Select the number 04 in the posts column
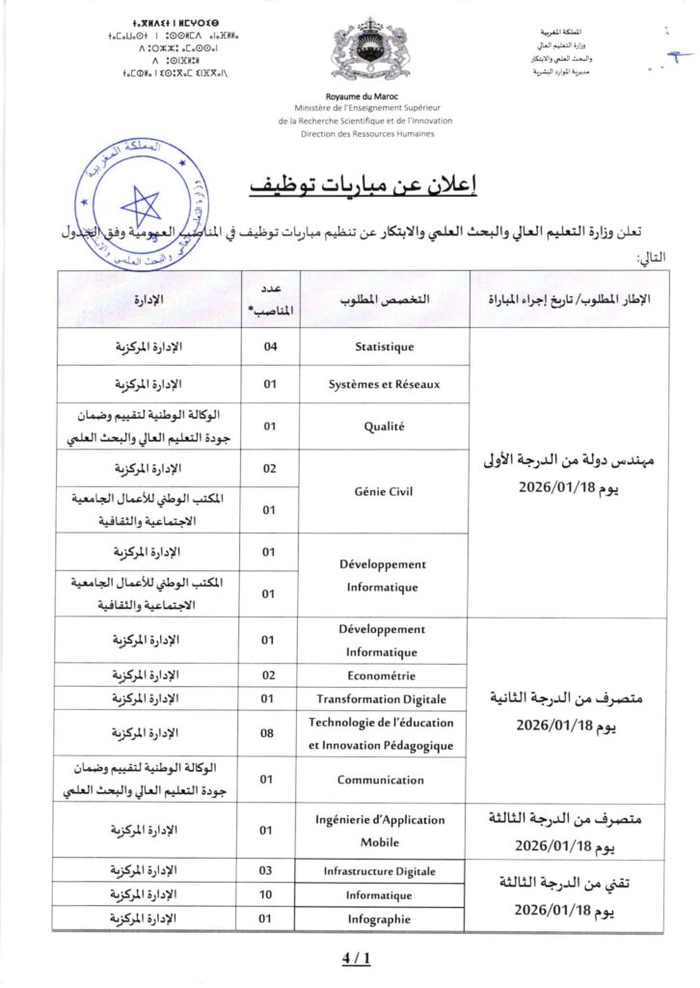point(270,346)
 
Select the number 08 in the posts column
point(270,733)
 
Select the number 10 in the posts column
point(270,895)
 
